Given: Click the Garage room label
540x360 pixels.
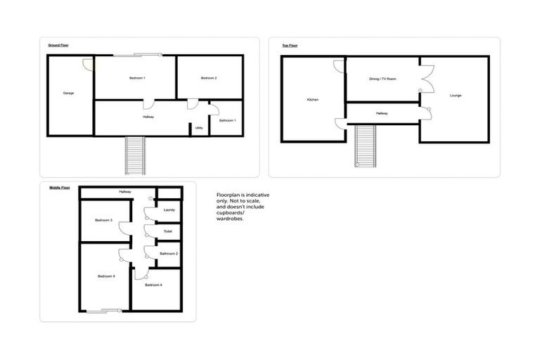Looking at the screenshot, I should coord(68,93).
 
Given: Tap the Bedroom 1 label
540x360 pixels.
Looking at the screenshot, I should coord(137,77).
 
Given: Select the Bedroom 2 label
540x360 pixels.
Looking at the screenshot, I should coord(209,77).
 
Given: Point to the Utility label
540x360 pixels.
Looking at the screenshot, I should coord(199,128).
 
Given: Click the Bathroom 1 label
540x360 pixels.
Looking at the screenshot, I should coord(227,120).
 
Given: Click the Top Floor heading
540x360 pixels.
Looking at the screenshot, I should coord(290,46).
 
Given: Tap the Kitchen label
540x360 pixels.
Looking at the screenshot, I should coord(313,100).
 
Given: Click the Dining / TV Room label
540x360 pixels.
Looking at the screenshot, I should coord(383,79).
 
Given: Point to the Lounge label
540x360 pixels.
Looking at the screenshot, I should coord(456,95).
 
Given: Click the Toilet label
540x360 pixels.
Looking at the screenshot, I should coord(168,231).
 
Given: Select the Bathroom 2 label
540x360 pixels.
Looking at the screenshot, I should coord(169,253).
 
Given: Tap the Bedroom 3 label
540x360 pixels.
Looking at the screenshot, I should coord(104,221).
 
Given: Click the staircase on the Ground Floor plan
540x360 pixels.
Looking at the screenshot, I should coord(135,155).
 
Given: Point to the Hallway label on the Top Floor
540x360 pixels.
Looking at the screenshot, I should coord(382,113).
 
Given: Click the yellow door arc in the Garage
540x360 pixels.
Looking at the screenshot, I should coord(88,65).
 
